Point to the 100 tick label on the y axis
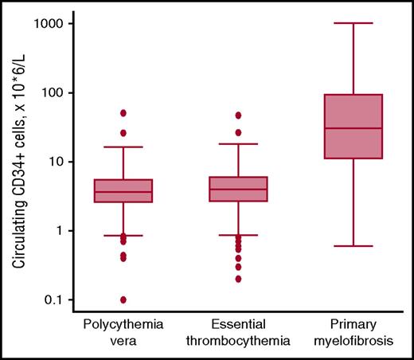pyautogui.click(x=53, y=92)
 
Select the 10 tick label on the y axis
pyautogui.click(x=57, y=162)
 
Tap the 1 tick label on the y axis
pyautogui.click(x=61, y=231)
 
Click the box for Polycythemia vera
pyautogui.click(x=123, y=190)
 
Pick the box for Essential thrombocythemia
pyautogui.click(x=238, y=189)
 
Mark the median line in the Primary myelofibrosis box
pyautogui.click(x=353, y=128)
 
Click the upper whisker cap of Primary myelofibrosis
pyautogui.click(x=353, y=23)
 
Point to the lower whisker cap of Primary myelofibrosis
pyautogui.click(x=353, y=246)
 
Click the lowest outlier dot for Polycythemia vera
pyautogui.click(x=123, y=299)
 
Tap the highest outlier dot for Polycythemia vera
pyautogui.click(x=123, y=113)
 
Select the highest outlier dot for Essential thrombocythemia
pyautogui.click(x=238, y=115)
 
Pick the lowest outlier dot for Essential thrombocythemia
pyautogui.click(x=238, y=279)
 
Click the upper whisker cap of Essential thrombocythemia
pyautogui.click(x=238, y=144)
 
